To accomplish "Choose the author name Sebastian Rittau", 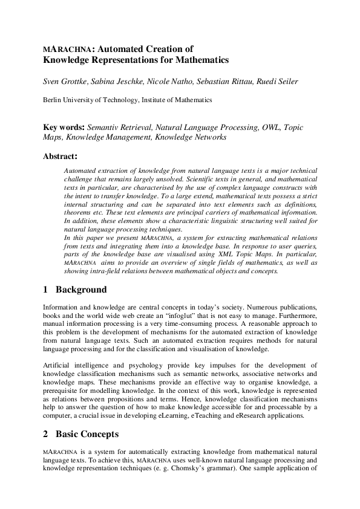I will tap(220, 80).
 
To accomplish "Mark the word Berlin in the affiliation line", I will tap(53, 100).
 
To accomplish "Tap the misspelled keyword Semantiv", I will tap(103, 128).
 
